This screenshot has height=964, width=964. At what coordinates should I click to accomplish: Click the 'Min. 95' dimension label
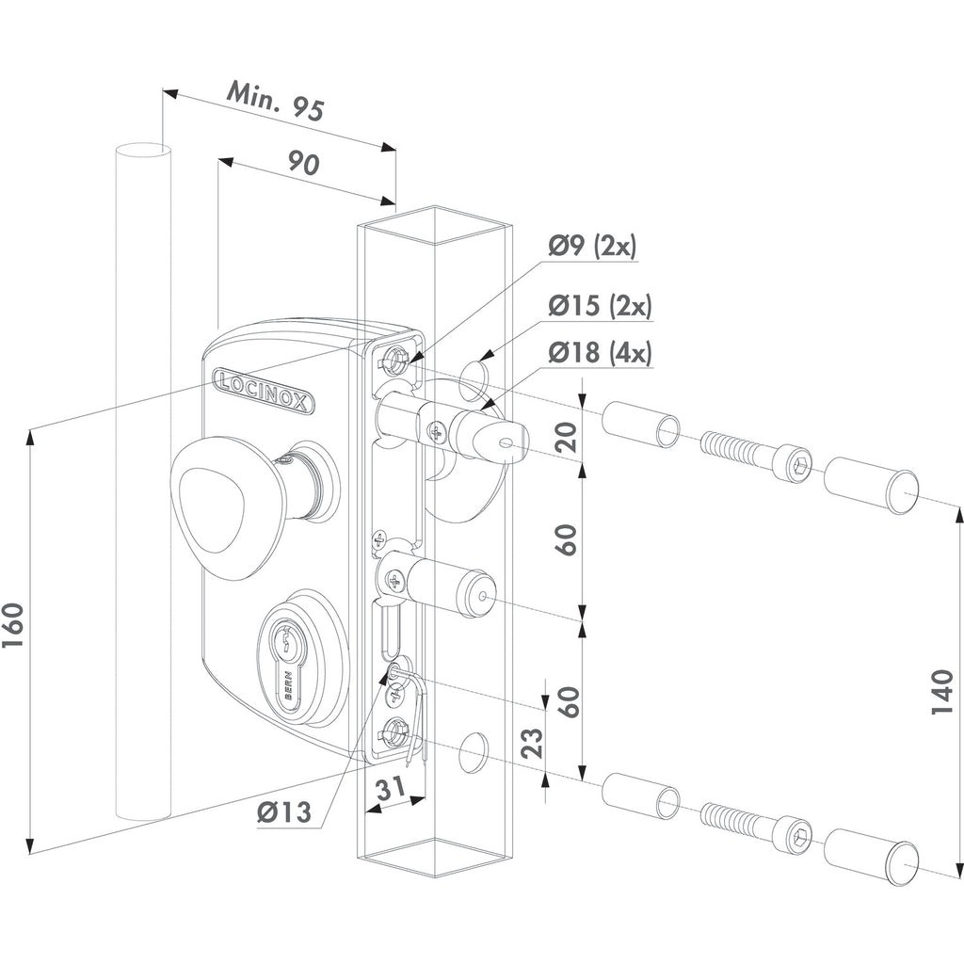point(275,101)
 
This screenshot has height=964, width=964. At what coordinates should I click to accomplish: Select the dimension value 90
point(304,164)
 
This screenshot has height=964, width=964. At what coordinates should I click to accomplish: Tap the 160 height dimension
point(13,625)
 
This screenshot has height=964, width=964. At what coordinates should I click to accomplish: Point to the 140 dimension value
point(941,692)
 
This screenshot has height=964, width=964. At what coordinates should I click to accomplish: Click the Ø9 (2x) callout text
point(593,246)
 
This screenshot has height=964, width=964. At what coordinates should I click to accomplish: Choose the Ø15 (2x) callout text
point(600,305)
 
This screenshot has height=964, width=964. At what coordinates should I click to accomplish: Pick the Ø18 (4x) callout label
point(600,353)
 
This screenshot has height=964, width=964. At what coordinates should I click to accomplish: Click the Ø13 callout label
point(284,812)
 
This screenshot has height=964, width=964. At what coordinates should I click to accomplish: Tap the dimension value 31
point(391,788)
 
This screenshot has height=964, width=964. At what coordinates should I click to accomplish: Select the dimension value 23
point(533,742)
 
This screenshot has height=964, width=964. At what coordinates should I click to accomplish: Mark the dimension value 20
point(567,437)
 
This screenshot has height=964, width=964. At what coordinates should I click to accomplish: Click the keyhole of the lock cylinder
point(286,651)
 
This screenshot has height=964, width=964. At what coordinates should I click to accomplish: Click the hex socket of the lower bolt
point(799,837)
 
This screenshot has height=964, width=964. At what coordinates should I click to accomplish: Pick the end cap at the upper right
point(871,482)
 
